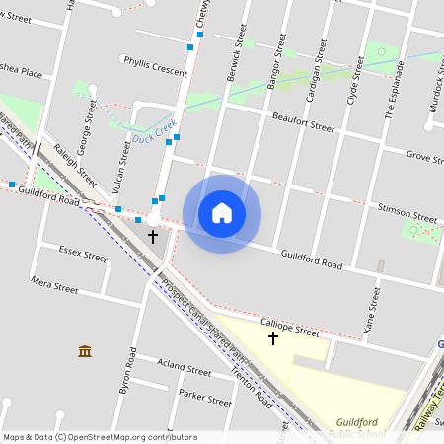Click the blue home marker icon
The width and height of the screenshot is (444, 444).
click(x=222, y=213)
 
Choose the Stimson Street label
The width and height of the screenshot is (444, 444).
click(x=407, y=217)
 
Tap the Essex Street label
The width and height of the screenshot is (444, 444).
click(x=83, y=255)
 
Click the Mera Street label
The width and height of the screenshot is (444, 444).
click(x=54, y=287)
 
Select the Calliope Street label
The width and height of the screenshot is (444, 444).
click(x=290, y=321)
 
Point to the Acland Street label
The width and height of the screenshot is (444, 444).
click(x=185, y=372)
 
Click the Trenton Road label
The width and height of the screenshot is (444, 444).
click(x=251, y=388)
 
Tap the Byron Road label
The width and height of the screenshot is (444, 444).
click(x=126, y=372)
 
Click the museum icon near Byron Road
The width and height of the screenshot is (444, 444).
click(x=84, y=351)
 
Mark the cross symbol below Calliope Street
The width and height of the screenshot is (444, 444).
click(x=273, y=339)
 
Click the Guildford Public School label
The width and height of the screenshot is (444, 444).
click(x=357, y=427)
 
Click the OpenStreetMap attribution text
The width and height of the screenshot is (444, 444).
click(x=100, y=437)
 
